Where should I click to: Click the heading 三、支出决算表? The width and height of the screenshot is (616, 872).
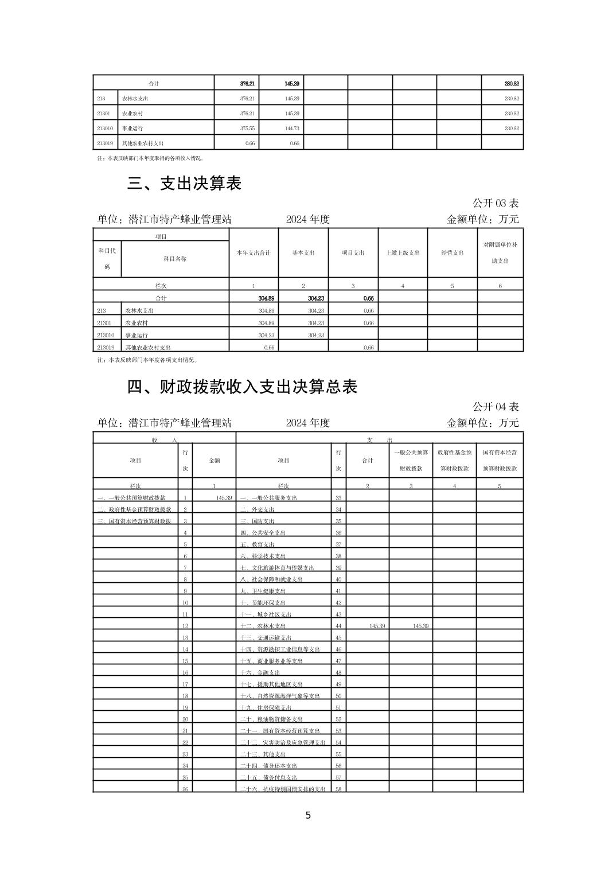click(184, 184)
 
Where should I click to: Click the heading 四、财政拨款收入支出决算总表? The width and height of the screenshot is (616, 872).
click(242, 387)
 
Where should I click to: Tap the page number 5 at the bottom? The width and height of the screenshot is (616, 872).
click(308, 815)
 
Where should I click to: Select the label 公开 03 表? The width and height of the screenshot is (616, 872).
click(496, 203)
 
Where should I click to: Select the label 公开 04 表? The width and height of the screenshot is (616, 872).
click(496, 407)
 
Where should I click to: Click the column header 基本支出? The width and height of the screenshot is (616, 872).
click(303, 253)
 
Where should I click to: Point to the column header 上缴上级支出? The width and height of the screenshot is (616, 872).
click(403, 253)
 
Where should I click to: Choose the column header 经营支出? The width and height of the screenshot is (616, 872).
click(452, 253)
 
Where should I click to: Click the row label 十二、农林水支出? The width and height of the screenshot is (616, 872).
click(263, 626)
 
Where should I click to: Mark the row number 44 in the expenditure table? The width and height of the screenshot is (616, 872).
click(338, 626)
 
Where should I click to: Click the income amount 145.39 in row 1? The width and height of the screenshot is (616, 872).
click(224, 498)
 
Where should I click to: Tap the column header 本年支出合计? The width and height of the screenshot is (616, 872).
click(254, 253)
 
